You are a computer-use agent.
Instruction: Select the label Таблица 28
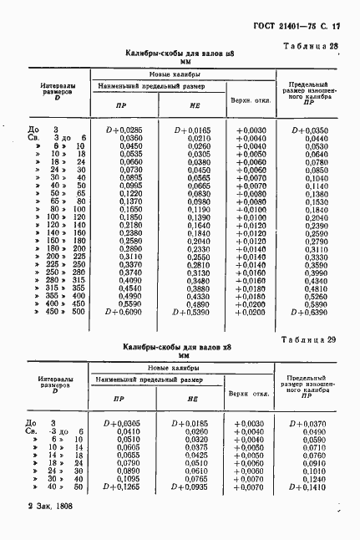point(310,47)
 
